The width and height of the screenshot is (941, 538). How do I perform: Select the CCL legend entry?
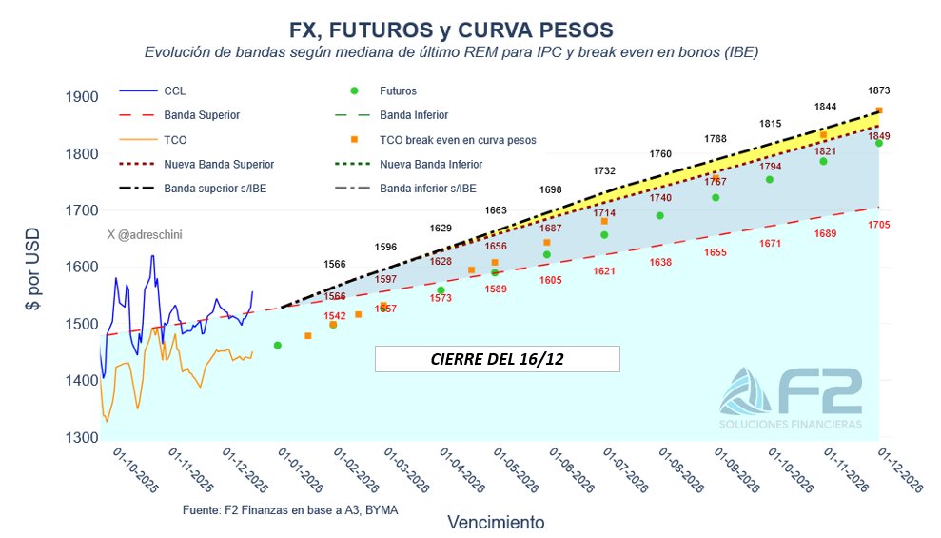tap(175, 90)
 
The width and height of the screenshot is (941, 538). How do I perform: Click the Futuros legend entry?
tap(398, 90)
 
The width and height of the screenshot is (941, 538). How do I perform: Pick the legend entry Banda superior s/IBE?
tap(215, 189)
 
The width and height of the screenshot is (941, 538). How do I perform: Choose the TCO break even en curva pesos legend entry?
tap(458, 139)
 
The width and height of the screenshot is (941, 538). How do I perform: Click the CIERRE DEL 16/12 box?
tap(497, 359)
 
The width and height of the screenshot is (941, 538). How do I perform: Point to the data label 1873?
tap(879, 90)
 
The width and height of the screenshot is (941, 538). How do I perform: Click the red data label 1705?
tap(879, 225)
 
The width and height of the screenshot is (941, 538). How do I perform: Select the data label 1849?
tap(879, 136)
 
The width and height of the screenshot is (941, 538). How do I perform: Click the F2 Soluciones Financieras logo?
tap(792, 396)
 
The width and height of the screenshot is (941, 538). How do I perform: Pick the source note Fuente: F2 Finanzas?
tap(289, 510)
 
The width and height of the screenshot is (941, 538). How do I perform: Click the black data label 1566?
tap(335, 264)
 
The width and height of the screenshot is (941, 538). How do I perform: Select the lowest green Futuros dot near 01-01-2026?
tap(277, 346)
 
